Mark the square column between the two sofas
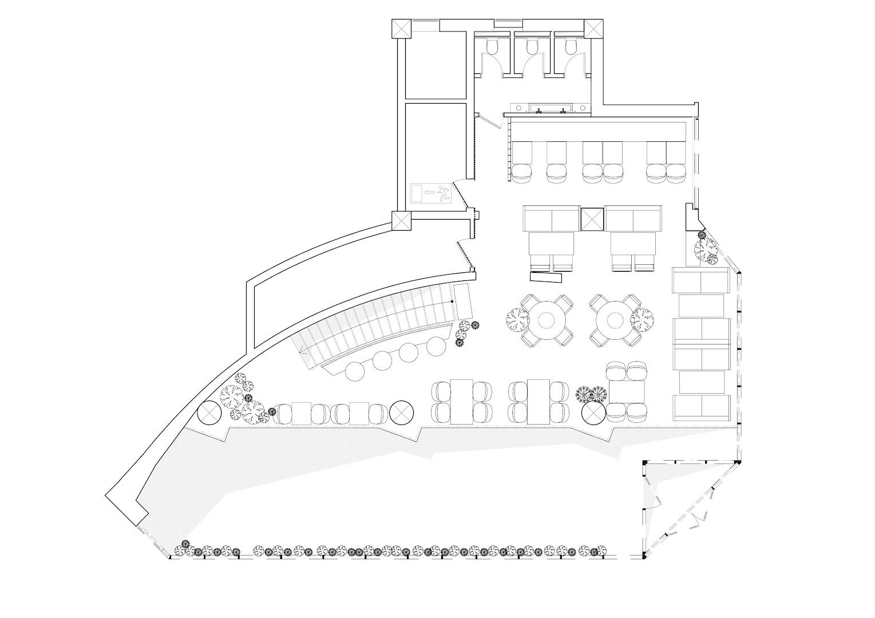pyautogui.click(x=593, y=218)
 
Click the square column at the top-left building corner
pyautogui.click(x=402, y=29)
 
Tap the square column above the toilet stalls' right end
pyautogui.click(x=593, y=29)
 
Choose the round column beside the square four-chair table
pyautogui.click(x=593, y=414)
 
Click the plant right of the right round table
pyautogui.click(x=642, y=319)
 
